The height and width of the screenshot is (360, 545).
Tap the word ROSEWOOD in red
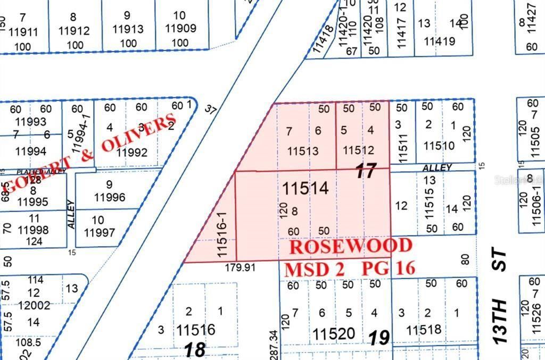[x=351, y=246]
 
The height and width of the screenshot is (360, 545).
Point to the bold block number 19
[x=379, y=337]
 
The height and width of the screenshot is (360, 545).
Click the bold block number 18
[x=195, y=349]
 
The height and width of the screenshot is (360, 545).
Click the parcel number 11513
[x=303, y=152]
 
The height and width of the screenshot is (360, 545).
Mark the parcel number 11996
[x=110, y=198]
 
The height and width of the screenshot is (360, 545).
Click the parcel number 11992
[x=131, y=153]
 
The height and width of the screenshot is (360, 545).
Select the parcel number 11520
[x=334, y=334]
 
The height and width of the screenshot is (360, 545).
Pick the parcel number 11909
[x=181, y=29]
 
